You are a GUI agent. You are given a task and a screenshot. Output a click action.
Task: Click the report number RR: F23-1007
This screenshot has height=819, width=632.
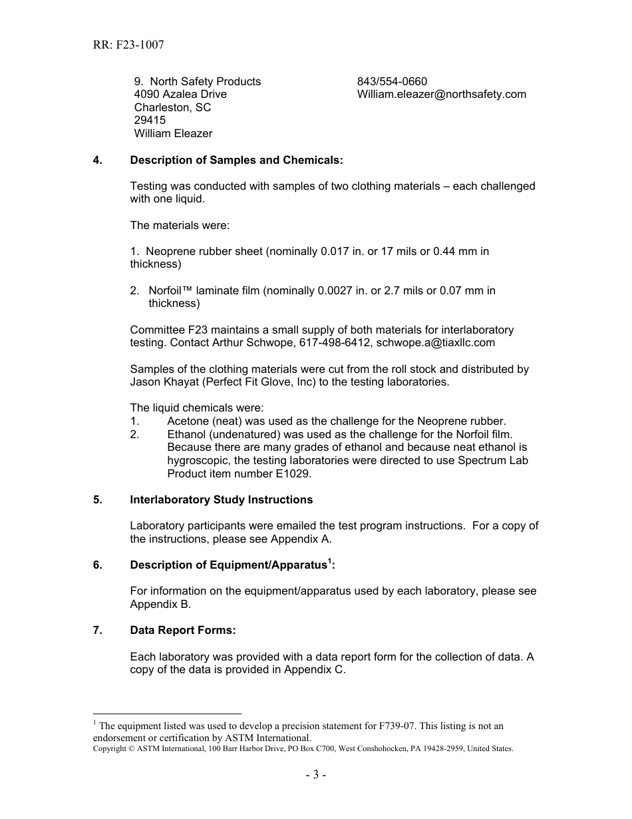(x=128, y=45)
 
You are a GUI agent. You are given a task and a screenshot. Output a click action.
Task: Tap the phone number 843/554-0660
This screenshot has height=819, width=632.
(x=392, y=81)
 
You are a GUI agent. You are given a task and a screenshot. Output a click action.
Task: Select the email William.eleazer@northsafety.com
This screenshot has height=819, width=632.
(x=441, y=95)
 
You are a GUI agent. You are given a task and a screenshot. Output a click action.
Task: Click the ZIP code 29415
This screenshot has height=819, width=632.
(x=150, y=121)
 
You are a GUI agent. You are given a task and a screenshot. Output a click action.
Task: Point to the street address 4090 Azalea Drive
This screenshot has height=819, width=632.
(x=180, y=95)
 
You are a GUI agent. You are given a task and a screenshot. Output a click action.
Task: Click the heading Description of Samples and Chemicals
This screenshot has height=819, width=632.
(x=236, y=160)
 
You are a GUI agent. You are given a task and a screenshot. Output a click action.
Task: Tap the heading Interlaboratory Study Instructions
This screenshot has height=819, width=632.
(x=221, y=500)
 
